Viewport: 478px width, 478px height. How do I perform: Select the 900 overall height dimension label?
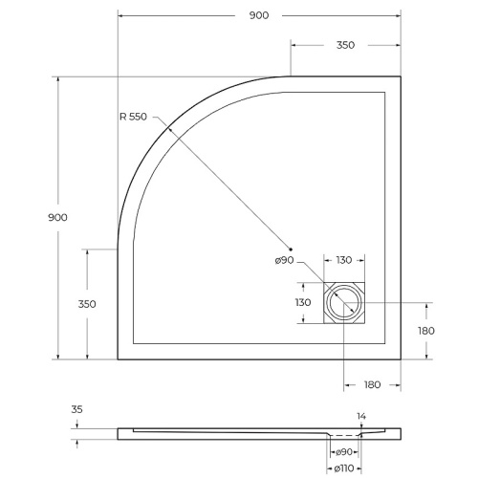57,218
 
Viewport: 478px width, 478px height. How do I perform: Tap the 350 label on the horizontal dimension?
345,45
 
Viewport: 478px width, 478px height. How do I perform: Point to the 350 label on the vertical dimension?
87,304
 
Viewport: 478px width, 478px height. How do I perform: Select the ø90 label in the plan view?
285,261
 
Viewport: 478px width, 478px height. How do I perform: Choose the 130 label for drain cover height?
303,302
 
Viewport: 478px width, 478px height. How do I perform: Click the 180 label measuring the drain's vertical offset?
426,331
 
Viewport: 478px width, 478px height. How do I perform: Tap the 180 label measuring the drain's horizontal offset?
372,384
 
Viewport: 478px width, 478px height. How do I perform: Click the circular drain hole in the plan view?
344,304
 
